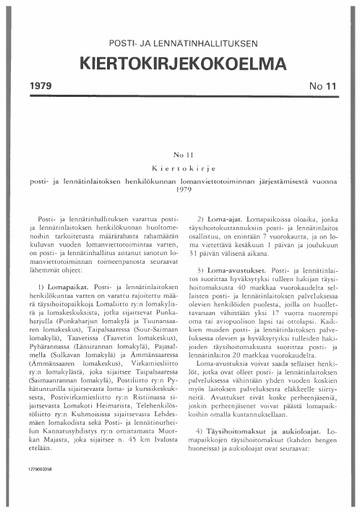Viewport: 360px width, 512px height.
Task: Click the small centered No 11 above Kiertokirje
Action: (180, 156)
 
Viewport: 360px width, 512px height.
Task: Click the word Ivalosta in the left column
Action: (159, 464)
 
